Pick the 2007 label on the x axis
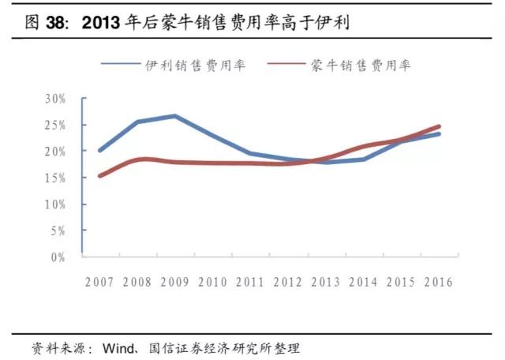coord(100,282)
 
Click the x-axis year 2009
coord(174,282)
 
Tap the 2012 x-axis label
coord(289,282)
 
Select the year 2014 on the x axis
coord(364,282)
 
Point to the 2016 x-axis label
coord(439,282)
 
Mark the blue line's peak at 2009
coord(174,116)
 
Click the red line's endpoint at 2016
coord(439,126)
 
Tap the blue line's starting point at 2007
coord(100,150)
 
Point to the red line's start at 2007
coord(100,175)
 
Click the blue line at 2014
coord(364,159)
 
